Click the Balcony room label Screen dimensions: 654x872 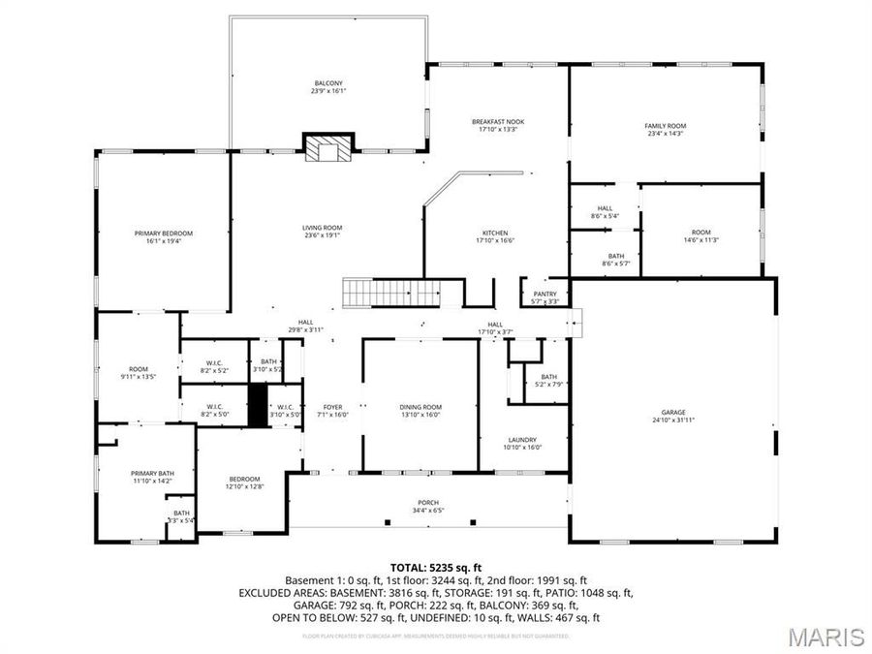327,84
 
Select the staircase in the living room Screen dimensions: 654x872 390,291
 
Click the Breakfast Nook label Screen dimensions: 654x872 498,122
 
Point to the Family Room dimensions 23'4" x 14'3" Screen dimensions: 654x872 665,134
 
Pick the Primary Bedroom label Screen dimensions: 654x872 163,234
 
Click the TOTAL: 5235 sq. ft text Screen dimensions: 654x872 435,567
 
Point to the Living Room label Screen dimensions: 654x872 323,228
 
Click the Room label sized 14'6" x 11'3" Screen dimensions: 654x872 701,233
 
